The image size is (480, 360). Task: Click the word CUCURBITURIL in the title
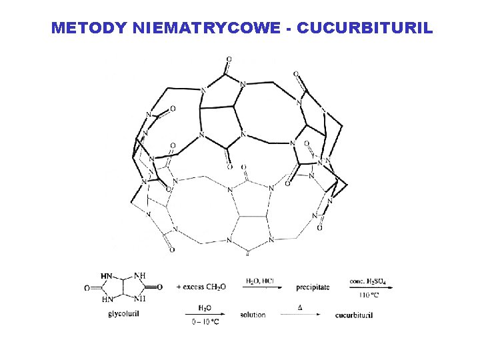(x=366, y=28)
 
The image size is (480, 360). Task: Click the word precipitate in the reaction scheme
(x=313, y=287)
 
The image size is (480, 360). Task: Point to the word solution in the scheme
(x=251, y=315)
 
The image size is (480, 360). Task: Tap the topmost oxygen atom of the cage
(x=229, y=59)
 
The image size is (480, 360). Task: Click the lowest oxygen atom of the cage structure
(x=171, y=250)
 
